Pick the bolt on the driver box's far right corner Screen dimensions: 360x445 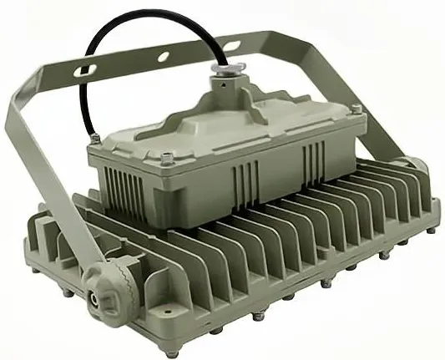pyautogui.click(x=357, y=109)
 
